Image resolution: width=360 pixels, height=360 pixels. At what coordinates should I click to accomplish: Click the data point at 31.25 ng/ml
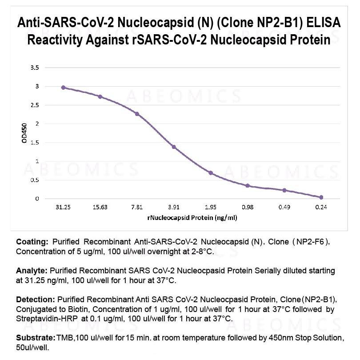click(63, 88)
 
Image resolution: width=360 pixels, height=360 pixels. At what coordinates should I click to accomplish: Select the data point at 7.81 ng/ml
click(137, 114)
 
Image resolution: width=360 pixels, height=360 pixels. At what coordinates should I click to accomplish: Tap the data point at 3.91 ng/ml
click(174, 147)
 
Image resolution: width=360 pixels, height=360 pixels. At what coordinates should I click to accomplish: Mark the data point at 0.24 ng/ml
click(321, 197)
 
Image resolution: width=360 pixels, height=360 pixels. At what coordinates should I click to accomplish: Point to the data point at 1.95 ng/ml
click(211, 172)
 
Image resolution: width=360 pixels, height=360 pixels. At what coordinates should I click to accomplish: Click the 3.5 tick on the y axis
click(35, 68)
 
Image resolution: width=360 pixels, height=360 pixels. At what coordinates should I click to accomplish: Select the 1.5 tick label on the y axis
click(35, 142)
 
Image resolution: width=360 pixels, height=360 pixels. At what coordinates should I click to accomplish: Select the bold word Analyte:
click(32, 270)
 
